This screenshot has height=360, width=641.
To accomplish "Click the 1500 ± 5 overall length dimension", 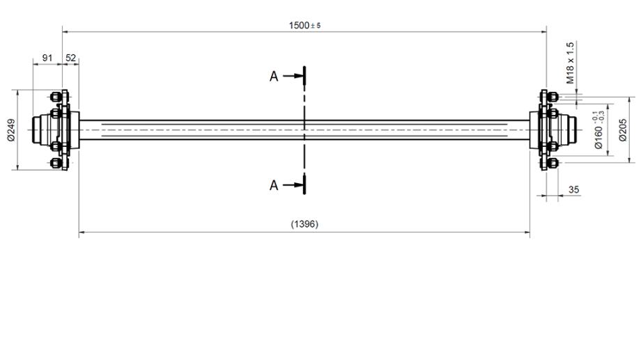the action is pyautogui.click(x=304, y=25).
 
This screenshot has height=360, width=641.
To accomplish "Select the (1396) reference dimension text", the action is pyautogui.click(x=304, y=224).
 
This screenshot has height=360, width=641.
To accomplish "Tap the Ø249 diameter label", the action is pyautogui.click(x=11, y=130).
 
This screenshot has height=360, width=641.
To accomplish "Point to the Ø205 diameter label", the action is pyautogui.click(x=623, y=130).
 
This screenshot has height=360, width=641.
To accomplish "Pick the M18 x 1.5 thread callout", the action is pyautogui.click(x=570, y=63).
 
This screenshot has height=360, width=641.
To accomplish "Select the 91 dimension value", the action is pyautogui.click(x=47, y=58).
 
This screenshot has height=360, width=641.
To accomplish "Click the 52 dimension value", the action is pyautogui.click(x=71, y=58).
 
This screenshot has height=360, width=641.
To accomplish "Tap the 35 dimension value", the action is pyautogui.click(x=574, y=189).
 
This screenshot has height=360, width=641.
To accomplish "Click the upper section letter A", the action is pyautogui.click(x=274, y=77).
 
